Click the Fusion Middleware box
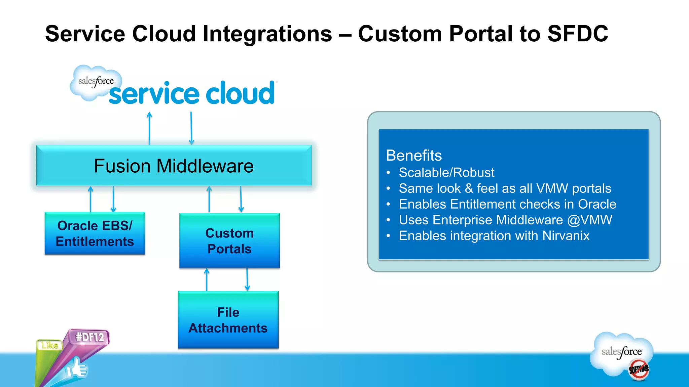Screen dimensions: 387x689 click(x=174, y=166)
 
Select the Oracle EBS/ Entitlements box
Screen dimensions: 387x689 click(x=95, y=233)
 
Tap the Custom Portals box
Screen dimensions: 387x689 click(x=229, y=241)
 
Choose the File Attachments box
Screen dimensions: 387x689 click(x=228, y=320)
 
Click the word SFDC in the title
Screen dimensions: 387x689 click(x=577, y=34)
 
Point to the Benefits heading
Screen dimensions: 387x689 click(x=413, y=156)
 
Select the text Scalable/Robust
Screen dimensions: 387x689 click(x=446, y=173)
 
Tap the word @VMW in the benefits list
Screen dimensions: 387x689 click(x=589, y=220)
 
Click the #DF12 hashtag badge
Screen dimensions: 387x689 click(x=89, y=337)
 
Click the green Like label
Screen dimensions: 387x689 click(x=49, y=345)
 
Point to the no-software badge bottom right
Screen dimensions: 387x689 click(x=638, y=370)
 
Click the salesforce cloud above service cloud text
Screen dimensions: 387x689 click(x=96, y=82)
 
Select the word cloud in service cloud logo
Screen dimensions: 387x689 click(x=240, y=94)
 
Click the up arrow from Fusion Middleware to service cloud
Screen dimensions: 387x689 click(x=149, y=129)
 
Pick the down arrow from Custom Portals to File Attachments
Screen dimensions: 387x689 click(x=247, y=279)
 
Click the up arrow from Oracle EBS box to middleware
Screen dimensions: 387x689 click(x=90, y=199)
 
